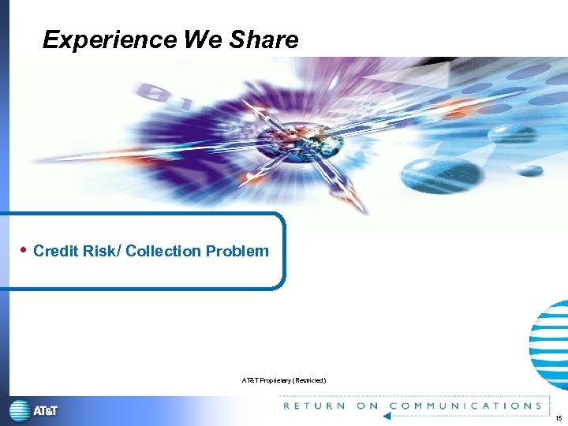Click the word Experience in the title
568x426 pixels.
110,39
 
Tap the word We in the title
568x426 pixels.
204,39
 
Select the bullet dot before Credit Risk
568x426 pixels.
24,250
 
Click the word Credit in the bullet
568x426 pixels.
55,252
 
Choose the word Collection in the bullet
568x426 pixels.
163,252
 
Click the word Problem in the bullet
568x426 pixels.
237,252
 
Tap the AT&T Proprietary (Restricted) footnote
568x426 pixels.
283,381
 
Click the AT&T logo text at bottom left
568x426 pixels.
45,411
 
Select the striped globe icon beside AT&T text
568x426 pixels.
20,411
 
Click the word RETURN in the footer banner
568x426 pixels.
314,406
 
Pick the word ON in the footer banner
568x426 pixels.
368,406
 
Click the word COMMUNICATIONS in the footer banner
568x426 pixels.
465,406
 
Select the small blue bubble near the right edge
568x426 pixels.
530,170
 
